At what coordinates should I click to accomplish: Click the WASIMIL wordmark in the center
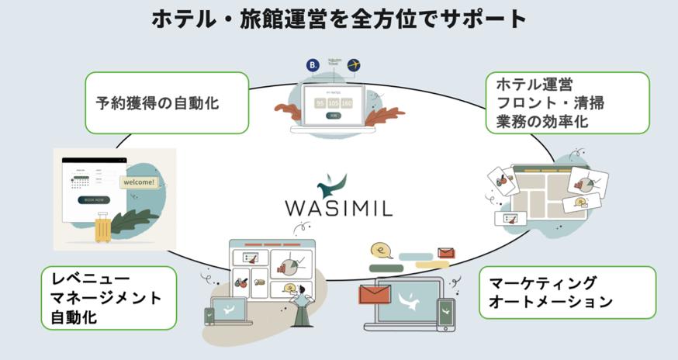coord(339,209)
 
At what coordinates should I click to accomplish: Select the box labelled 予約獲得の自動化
coord(168,102)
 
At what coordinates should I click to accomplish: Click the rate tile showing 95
coord(319,102)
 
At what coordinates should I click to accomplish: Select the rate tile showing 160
coord(347,102)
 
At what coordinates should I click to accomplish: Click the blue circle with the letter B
coord(313,66)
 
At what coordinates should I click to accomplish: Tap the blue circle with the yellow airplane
coord(355,64)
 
